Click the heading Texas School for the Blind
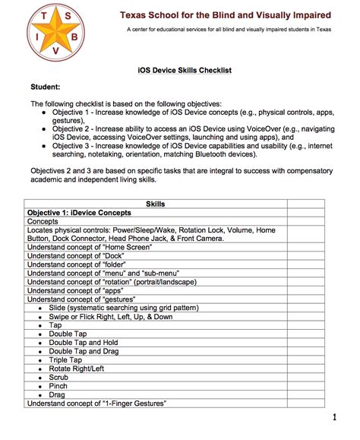click(x=226, y=14)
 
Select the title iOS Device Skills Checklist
click(x=179, y=70)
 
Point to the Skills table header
click(x=156, y=204)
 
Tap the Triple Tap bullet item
click(x=66, y=360)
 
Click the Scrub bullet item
click(x=60, y=378)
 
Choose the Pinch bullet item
click(x=59, y=386)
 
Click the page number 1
click(x=334, y=418)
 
